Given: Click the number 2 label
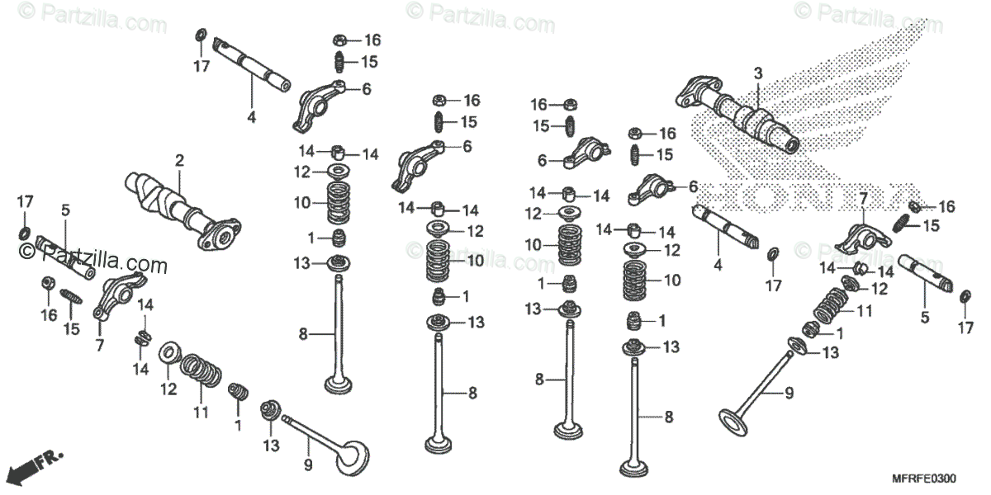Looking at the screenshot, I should coord(178,159).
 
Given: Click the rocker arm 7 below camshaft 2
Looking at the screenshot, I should coord(111,297).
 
